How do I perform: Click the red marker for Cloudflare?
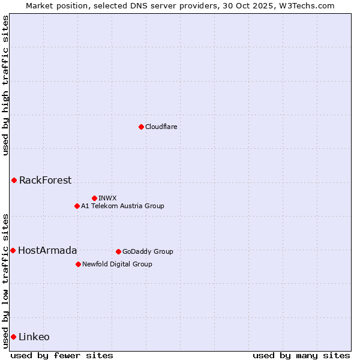(x=141, y=127)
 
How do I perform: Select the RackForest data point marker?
(x=14, y=180)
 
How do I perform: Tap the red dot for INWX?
(x=94, y=198)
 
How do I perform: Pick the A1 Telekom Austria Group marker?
(x=77, y=206)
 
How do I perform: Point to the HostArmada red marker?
(x=13, y=250)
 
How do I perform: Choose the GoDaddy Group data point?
(x=118, y=251)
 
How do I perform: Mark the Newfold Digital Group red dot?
(x=78, y=264)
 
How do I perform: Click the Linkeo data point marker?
(x=13, y=337)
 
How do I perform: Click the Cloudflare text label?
(x=161, y=127)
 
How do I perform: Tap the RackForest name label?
(x=45, y=180)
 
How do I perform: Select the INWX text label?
(x=107, y=198)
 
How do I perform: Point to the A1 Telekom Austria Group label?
(x=122, y=206)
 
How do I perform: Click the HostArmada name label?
(x=47, y=250)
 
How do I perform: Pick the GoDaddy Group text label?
(x=148, y=251)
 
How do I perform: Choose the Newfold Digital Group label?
(x=117, y=264)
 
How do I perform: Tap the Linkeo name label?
(x=34, y=337)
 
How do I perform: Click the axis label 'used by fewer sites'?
(x=62, y=355)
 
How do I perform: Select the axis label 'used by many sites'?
(x=301, y=355)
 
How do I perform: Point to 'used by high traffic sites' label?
(x=5, y=85)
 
